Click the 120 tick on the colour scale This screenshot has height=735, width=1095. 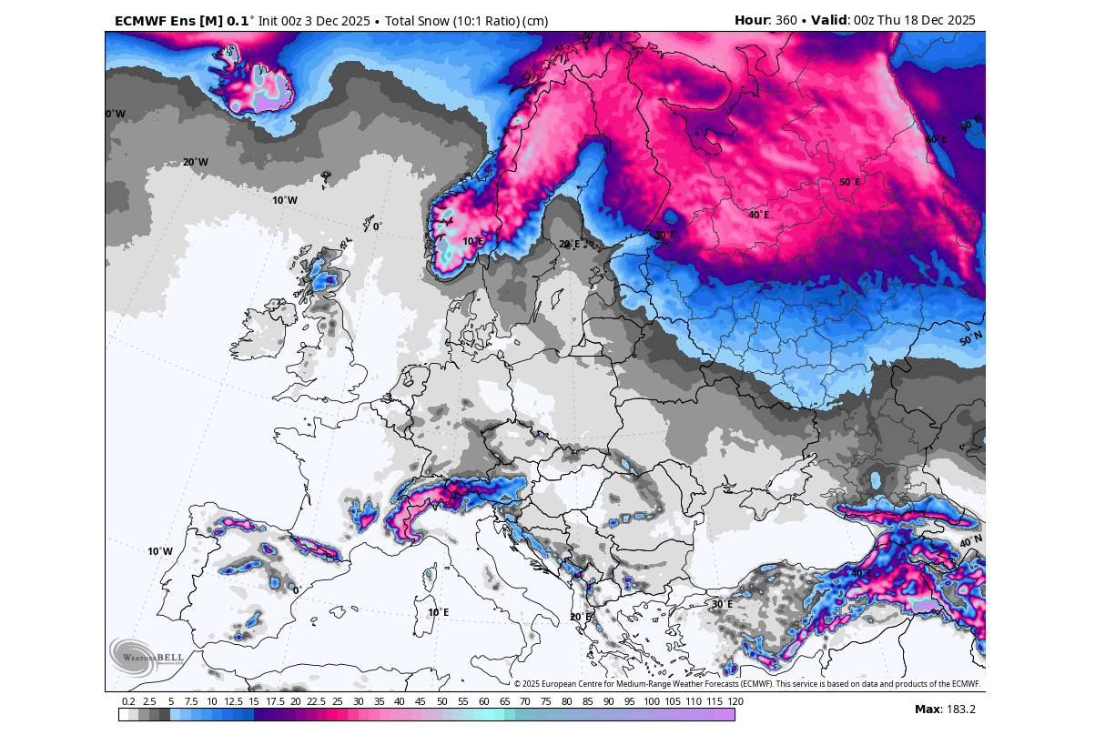pyautogui.click(x=735, y=701)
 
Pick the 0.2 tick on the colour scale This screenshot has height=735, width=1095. pyautogui.click(x=128, y=701)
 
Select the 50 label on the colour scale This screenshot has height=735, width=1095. pyautogui.click(x=441, y=701)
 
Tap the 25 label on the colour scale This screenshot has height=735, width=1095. pyautogui.click(x=337, y=701)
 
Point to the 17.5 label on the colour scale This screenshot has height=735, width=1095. pyautogui.click(x=275, y=701)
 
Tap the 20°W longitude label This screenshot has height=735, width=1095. pyautogui.click(x=195, y=163)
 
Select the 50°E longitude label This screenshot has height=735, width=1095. pyautogui.click(x=849, y=183)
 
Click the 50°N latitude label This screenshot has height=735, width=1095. pyautogui.click(x=970, y=339)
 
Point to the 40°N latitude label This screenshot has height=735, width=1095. pyautogui.click(x=970, y=542)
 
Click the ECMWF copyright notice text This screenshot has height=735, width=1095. pyautogui.click(x=746, y=684)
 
